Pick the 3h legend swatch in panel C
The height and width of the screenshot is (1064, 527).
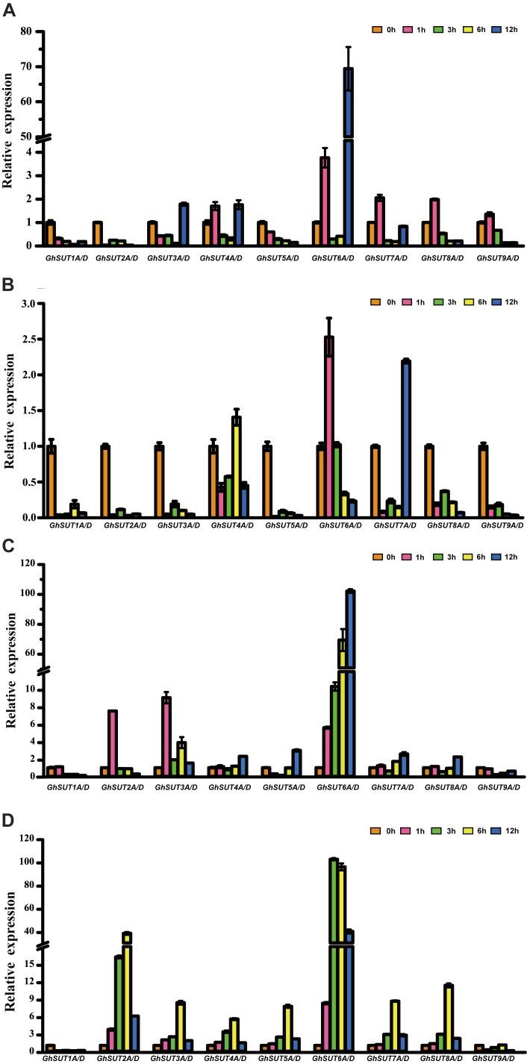click(437, 557)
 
